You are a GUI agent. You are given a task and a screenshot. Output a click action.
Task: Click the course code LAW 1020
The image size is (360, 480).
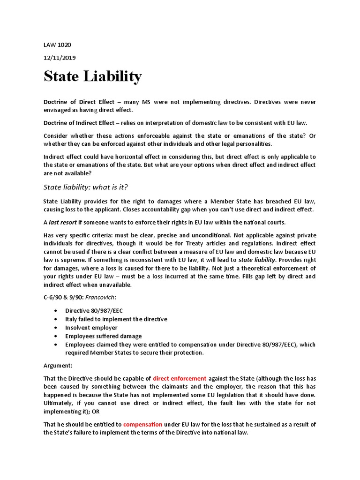click(x=57, y=45)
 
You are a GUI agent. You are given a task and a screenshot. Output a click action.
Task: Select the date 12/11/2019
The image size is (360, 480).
click(x=60, y=58)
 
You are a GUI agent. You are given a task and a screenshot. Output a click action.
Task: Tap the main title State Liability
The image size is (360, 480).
click(x=92, y=76)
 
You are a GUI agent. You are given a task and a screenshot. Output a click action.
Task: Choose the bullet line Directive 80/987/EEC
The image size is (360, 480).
click(x=94, y=311)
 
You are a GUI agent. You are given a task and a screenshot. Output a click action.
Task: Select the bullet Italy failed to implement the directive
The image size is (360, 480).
click(x=116, y=319)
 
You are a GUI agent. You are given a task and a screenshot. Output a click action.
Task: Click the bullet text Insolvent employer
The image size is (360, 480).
click(x=91, y=328)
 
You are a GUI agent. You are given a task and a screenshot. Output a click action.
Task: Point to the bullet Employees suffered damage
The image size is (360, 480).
click(x=104, y=336)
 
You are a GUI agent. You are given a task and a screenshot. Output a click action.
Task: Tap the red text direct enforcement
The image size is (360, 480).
click(x=180, y=378)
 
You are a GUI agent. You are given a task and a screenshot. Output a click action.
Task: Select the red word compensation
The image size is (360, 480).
click(x=142, y=424)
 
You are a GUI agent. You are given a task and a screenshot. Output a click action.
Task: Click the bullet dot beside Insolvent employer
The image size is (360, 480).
click(x=56, y=328)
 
